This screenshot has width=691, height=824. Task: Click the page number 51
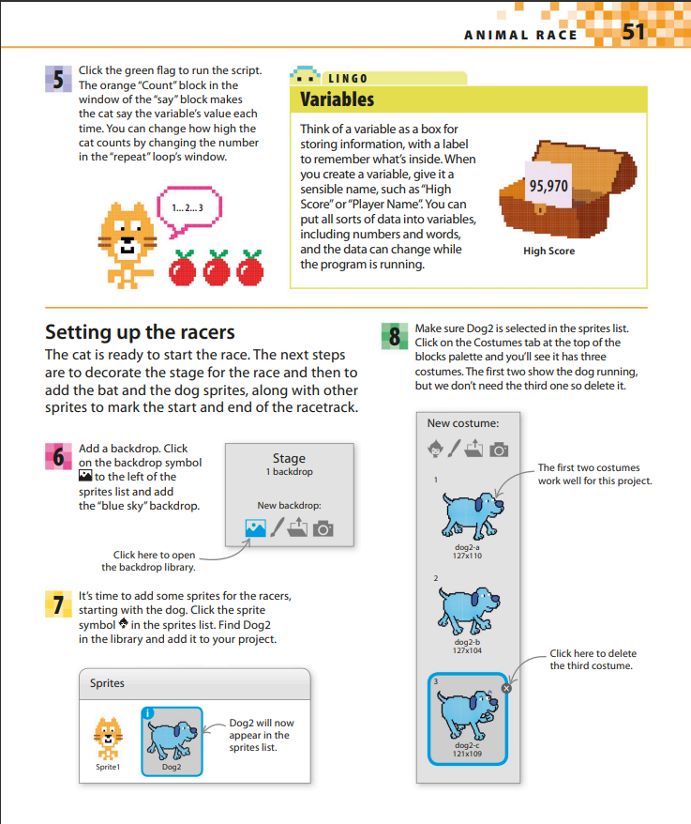coord(634,33)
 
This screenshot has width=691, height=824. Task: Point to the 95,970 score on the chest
coord(548,186)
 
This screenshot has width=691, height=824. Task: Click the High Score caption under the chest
coord(548,251)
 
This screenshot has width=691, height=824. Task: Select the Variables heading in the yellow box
coord(337,99)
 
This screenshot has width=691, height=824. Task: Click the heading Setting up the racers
coord(140,332)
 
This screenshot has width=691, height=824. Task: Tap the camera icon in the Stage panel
coord(323,529)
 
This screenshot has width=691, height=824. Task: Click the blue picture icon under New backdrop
coord(255,529)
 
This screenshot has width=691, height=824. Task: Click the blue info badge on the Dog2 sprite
coord(148,712)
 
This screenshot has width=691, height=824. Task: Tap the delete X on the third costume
coord(507,688)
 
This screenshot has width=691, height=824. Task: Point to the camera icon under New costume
coord(500,450)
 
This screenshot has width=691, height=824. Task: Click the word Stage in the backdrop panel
coord(289,459)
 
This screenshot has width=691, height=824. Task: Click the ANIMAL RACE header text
coord(521,35)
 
